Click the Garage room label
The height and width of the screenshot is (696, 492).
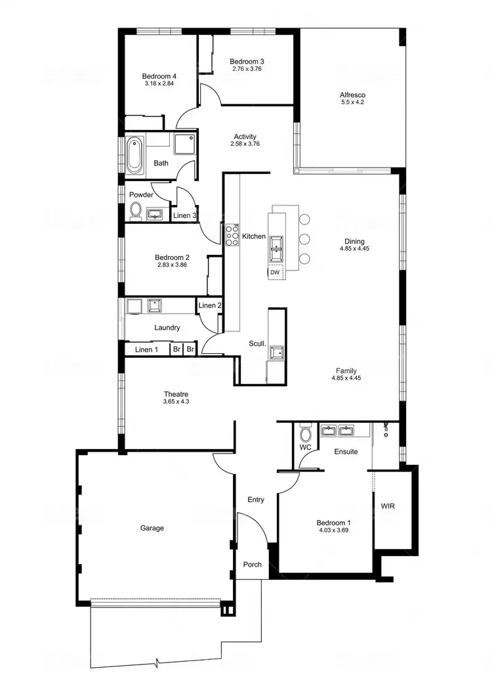[152, 528]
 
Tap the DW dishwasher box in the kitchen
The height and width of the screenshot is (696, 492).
[275, 272]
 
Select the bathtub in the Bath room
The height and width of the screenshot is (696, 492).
[134, 154]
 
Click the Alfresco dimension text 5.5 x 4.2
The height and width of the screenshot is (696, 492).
[352, 102]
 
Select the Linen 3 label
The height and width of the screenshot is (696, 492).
[184, 215]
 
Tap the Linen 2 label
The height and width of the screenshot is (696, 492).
[209, 305]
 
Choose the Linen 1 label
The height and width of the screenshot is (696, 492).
[146, 349]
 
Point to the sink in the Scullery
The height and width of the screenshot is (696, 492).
[276, 352]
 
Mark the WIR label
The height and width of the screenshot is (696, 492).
[388, 507]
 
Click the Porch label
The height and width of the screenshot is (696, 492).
[253, 565]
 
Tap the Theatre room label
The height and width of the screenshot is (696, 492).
[176, 394]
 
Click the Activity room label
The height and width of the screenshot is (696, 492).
[245, 137]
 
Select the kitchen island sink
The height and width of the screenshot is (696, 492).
[276, 244]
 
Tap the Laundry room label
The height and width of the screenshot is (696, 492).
[167, 327]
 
